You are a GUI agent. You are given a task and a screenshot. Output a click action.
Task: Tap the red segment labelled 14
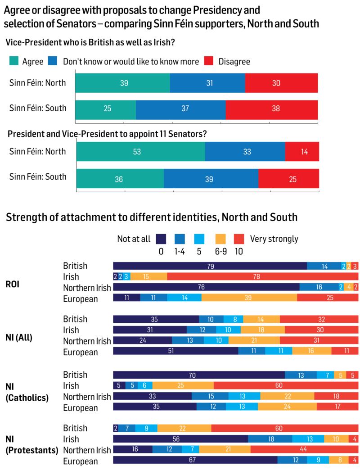click(x=302, y=152)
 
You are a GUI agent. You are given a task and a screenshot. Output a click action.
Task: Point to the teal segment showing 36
click(x=120, y=178)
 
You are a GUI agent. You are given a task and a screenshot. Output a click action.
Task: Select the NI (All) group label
click(x=19, y=335)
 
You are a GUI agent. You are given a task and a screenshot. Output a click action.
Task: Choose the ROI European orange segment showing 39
click(x=249, y=298)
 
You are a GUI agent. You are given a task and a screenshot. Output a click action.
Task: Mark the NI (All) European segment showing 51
click(x=175, y=351)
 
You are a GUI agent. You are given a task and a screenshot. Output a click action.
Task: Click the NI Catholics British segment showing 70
click(x=198, y=375)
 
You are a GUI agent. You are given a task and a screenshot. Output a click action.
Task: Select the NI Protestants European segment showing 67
click(x=195, y=460)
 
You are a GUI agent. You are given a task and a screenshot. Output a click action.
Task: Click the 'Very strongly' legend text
click(x=274, y=239)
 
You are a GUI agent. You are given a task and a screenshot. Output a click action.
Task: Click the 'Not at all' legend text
click(x=134, y=239)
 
